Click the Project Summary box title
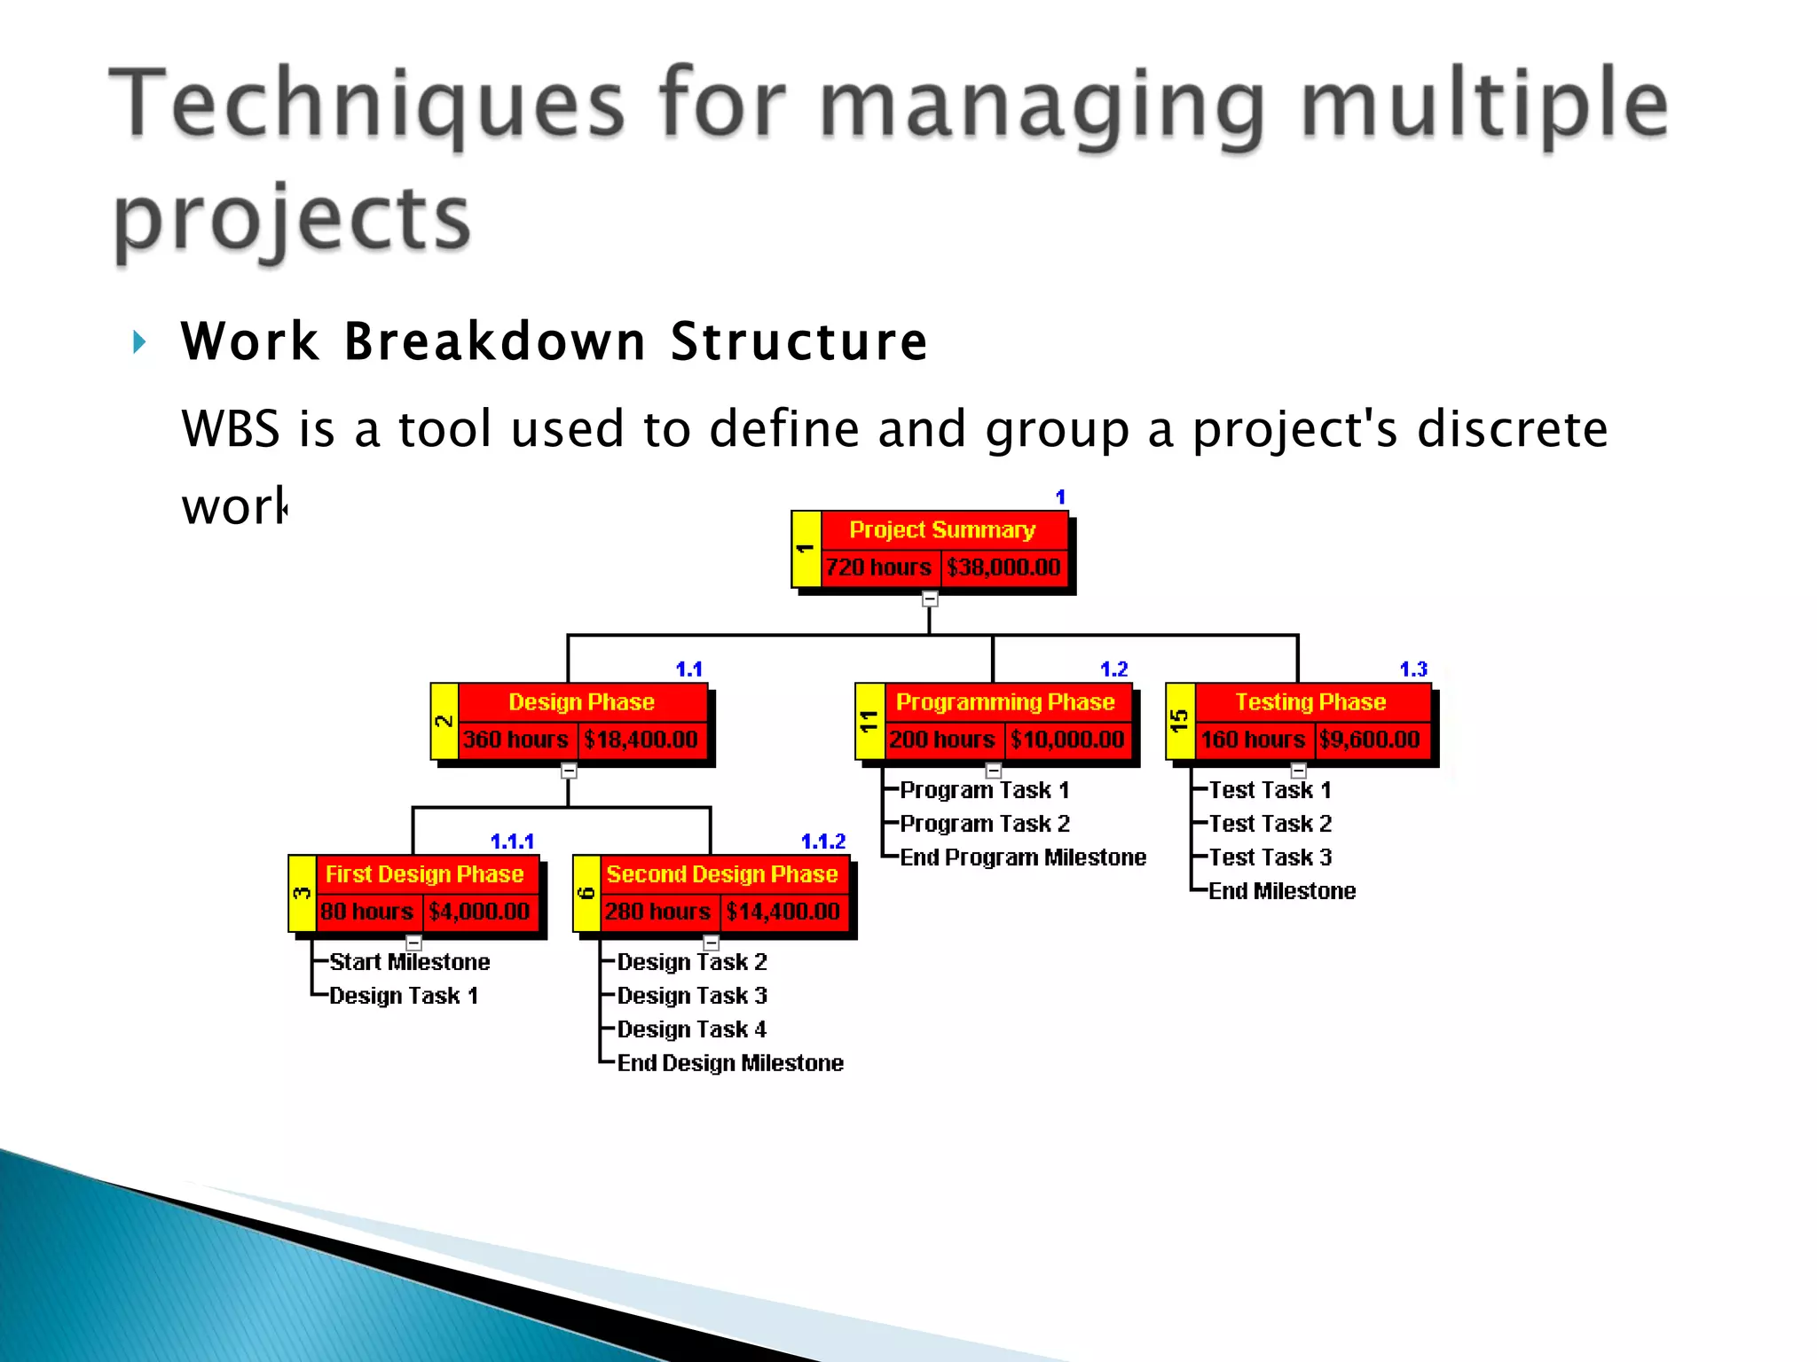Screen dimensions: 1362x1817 (x=942, y=529)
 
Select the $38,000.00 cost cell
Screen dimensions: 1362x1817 (x=1003, y=567)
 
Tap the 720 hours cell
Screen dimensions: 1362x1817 (x=878, y=567)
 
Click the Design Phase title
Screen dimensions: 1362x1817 (x=581, y=702)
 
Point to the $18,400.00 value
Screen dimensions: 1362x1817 (x=641, y=740)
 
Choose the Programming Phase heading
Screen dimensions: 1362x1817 (x=1005, y=702)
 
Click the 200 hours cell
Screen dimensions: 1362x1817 (x=942, y=740)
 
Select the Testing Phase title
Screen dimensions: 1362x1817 (x=1310, y=702)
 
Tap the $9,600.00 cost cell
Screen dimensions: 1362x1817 (x=1370, y=740)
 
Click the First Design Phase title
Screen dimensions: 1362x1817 (x=424, y=874)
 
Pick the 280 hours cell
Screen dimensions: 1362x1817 (x=657, y=912)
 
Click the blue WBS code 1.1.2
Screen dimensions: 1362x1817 (x=823, y=841)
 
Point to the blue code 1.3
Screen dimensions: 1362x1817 (x=1413, y=669)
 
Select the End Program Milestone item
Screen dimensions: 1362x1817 (x=1023, y=857)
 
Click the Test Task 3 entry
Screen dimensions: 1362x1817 (x=1270, y=857)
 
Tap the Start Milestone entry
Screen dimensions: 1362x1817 (x=409, y=962)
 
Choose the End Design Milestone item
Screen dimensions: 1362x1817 (x=730, y=1063)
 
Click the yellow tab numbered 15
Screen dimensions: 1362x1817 (x=1180, y=721)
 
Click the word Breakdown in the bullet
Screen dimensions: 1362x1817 (x=495, y=341)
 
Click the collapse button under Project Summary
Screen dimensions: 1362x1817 (x=929, y=599)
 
